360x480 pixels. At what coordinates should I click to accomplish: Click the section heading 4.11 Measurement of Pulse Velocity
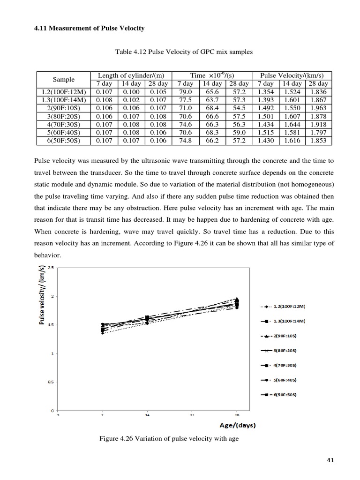tap(90, 29)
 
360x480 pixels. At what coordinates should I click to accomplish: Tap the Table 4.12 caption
tap(184, 52)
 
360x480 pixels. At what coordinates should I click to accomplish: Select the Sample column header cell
tap(62, 80)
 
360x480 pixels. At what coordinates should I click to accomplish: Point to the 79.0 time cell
tap(187, 92)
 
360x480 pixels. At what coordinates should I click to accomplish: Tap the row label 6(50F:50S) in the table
tap(62, 140)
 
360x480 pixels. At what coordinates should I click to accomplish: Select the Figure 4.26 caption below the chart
tap(168, 439)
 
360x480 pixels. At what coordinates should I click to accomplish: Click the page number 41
tap(330, 460)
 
